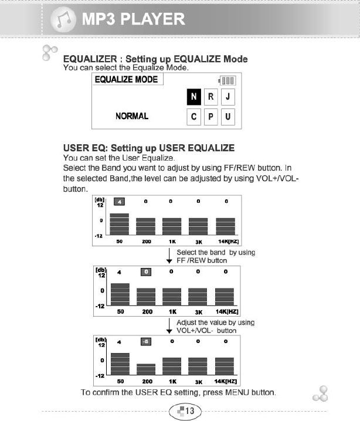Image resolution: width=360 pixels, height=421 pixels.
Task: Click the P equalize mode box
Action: (210, 117)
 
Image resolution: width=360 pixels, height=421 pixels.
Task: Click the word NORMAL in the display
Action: (132, 116)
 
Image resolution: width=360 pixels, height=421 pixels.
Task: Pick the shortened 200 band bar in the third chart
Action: (147, 369)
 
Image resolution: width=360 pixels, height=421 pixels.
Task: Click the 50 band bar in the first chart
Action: (119, 223)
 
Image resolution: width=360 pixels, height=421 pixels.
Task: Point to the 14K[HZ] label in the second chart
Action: (226, 311)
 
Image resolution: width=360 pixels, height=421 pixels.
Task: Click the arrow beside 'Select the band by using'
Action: (169, 256)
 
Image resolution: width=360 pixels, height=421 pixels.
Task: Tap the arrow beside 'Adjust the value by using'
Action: (169, 327)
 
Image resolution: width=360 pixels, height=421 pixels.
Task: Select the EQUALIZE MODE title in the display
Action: (126, 79)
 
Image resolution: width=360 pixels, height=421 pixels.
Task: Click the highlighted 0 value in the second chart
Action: (147, 272)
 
